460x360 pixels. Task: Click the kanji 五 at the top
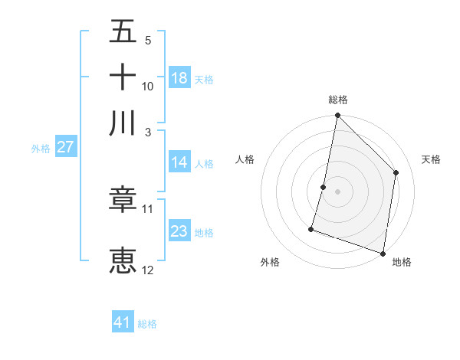pyautogui.click(x=123, y=32)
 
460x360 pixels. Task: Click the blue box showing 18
pyautogui.click(x=179, y=78)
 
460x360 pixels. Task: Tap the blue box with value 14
pyautogui.click(x=179, y=162)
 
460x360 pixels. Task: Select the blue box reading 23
pyautogui.click(x=179, y=231)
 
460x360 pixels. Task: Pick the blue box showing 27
pyautogui.click(x=65, y=147)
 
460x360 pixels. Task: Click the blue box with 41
pyautogui.click(x=123, y=322)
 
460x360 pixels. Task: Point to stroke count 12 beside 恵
pyautogui.click(x=148, y=270)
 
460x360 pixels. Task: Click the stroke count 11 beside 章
pyautogui.click(x=148, y=208)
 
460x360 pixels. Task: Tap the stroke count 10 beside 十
pyautogui.click(x=148, y=86)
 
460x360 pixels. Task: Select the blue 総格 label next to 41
pyautogui.click(x=147, y=324)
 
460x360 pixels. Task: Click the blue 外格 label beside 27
pyautogui.click(x=41, y=149)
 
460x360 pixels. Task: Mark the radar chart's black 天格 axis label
pyautogui.click(x=431, y=159)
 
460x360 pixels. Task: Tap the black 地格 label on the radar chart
pyautogui.click(x=402, y=262)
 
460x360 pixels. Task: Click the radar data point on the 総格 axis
pyautogui.click(x=337, y=116)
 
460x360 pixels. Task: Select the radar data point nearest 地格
pyautogui.click(x=383, y=253)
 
